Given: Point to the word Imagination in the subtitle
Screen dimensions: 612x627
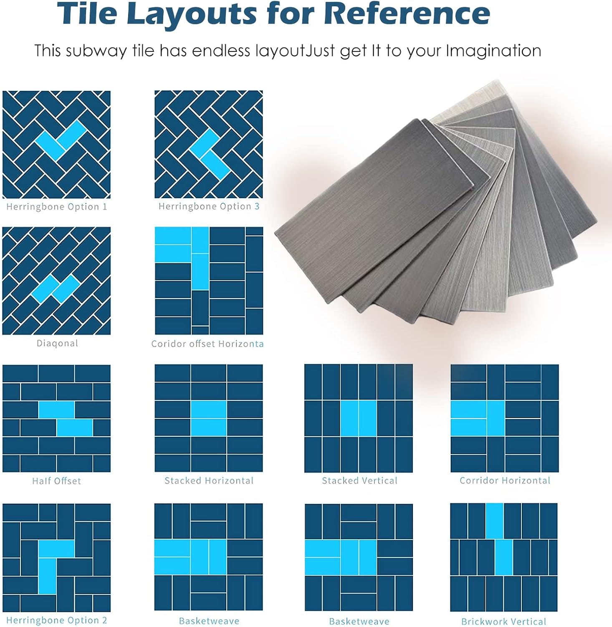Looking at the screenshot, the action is coord(493,51).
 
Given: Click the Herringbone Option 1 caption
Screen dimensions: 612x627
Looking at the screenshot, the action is coord(56,207).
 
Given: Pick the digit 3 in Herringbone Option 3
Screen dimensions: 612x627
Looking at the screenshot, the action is coord(257,206).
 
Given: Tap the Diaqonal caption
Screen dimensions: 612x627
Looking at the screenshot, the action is coord(57,344).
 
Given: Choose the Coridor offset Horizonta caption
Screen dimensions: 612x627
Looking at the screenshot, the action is coord(207,344).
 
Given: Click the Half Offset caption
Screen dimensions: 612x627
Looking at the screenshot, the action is coord(56,481).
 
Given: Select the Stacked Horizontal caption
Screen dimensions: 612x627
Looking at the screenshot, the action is coord(209,481).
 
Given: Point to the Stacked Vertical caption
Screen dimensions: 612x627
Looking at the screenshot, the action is coord(359,481).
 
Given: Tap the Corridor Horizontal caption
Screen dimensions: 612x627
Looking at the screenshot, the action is coord(505,481).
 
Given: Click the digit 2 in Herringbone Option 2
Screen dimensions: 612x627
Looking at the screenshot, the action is coord(104,620).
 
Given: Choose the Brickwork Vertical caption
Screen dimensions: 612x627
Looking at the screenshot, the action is coord(503,622).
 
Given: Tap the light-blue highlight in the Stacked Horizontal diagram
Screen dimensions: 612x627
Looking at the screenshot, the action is coord(209,418).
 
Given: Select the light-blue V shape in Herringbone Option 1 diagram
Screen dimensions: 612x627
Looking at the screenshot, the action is coord(61,140).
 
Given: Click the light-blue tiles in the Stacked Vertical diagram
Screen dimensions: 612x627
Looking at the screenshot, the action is coord(359,418).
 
